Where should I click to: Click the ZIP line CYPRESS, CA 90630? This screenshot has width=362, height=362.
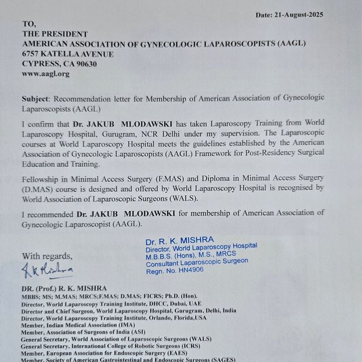pos(59,63)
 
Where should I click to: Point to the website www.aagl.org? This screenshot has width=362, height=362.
pos(45,74)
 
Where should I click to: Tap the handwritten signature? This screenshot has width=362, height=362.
pos(48,270)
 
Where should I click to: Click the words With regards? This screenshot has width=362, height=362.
pos(47,255)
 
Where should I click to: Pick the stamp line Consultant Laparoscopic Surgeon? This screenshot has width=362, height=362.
pos(197,261)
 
